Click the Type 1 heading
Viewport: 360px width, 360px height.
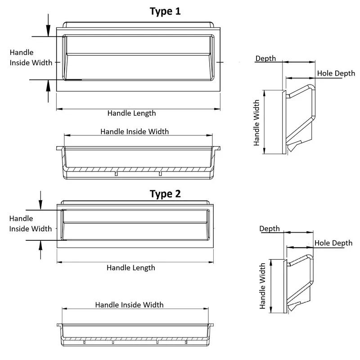[x=165, y=12]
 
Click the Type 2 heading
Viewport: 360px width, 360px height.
[x=165, y=194]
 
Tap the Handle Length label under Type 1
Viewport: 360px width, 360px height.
[x=131, y=113]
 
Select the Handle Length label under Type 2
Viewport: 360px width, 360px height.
[x=131, y=268]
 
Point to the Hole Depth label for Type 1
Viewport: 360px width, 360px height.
[x=336, y=73]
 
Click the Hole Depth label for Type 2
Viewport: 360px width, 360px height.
[x=333, y=243]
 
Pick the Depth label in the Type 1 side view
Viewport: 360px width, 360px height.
[x=265, y=58]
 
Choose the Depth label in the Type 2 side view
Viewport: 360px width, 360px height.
[x=270, y=229]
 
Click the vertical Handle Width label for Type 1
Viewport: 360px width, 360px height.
[x=256, y=122]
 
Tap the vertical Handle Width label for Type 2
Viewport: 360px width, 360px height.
[x=262, y=286]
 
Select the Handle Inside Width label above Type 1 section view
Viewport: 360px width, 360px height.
[x=135, y=131]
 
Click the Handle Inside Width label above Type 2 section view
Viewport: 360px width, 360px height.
[x=129, y=305]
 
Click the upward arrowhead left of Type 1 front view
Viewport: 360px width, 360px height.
[x=48, y=86]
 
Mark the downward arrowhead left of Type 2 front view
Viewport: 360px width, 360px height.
[x=40, y=205]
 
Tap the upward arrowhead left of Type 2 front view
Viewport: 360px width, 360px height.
[x=40, y=245]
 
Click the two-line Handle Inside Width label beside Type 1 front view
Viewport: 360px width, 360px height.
[x=31, y=58]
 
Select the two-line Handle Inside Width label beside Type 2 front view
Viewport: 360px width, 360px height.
[x=31, y=224]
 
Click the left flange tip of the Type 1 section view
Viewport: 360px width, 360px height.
[x=57, y=148]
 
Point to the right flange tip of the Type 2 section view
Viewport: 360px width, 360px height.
[x=213, y=325]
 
